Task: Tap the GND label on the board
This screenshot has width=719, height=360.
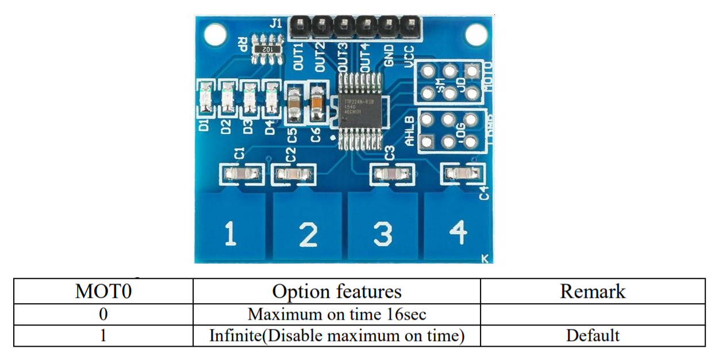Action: [389, 56]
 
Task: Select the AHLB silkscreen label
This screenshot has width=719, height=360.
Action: [410, 132]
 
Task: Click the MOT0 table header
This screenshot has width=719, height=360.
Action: [103, 291]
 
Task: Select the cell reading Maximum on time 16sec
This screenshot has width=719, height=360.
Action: [336, 315]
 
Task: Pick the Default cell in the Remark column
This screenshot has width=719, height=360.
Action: [593, 335]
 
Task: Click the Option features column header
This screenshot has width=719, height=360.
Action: [336, 291]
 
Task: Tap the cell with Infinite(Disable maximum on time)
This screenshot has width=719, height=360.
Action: [336, 335]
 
